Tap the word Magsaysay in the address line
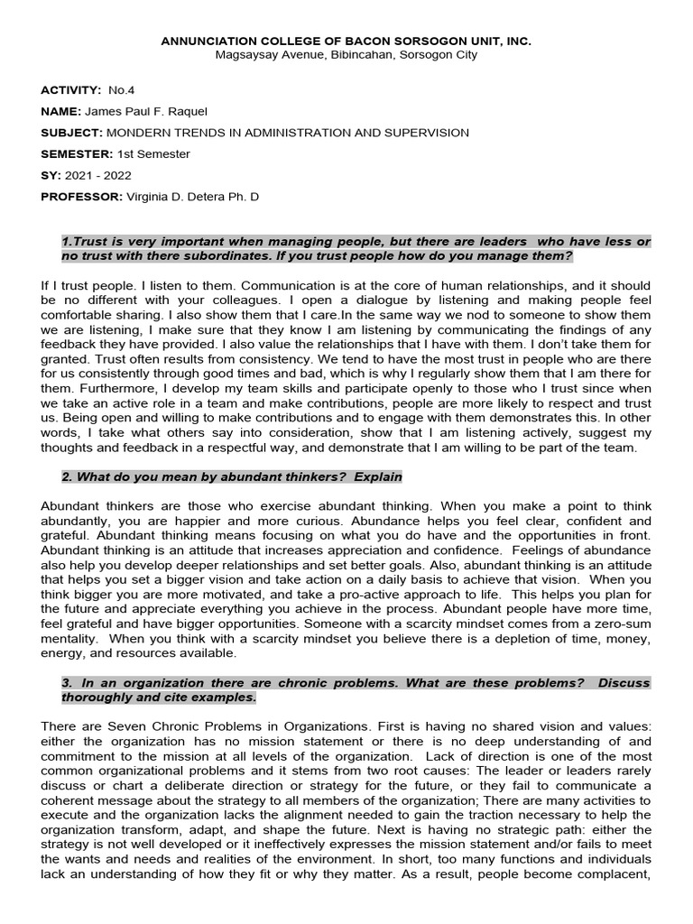246,55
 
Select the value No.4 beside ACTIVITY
121,90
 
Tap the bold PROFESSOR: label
80,197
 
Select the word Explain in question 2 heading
378,476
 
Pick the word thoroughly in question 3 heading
96,698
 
